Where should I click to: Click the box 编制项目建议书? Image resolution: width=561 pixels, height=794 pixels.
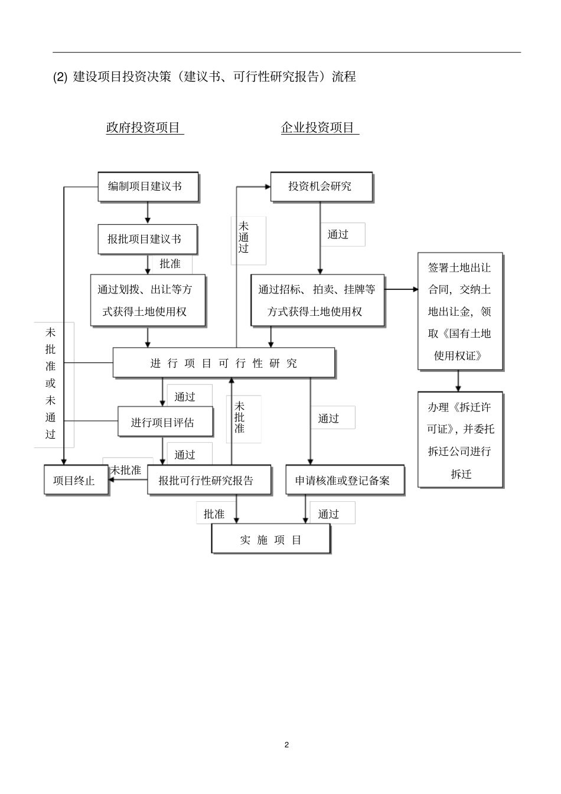[x=148, y=187]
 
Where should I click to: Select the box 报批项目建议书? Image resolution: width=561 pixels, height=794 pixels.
[x=147, y=239]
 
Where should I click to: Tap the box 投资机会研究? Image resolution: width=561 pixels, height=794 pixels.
[x=321, y=187]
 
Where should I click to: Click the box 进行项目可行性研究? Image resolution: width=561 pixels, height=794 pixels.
[x=224, y=363]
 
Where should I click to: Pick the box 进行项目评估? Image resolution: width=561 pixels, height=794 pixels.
[x=162, y=422]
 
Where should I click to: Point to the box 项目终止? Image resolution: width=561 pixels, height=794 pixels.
[x=76, y=480]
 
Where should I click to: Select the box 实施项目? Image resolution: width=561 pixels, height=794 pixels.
[x=270, y=540]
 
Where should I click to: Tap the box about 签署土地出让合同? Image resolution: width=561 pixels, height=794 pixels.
[x=460, y=311]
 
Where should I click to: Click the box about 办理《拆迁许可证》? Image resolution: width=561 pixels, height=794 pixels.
[x=460, y=440]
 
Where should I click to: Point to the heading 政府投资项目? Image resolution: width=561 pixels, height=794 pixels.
[x=143, y=128]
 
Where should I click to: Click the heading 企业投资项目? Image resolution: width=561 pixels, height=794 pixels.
[x=318, y=128]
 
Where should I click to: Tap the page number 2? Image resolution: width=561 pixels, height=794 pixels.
[x=287, y=744]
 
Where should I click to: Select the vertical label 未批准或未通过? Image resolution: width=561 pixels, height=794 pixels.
[x=51, y=384]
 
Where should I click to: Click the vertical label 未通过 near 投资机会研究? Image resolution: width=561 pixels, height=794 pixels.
[x=244, y=237]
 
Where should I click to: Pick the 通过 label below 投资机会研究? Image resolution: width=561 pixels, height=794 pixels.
[x=338, y=234]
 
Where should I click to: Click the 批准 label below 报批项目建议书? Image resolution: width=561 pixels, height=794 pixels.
[x=170, y=264]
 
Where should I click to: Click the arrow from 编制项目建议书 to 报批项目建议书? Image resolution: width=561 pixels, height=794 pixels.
[x=148, y=213]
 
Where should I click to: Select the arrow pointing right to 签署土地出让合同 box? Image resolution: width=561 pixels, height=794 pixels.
[x=402, y=289]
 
